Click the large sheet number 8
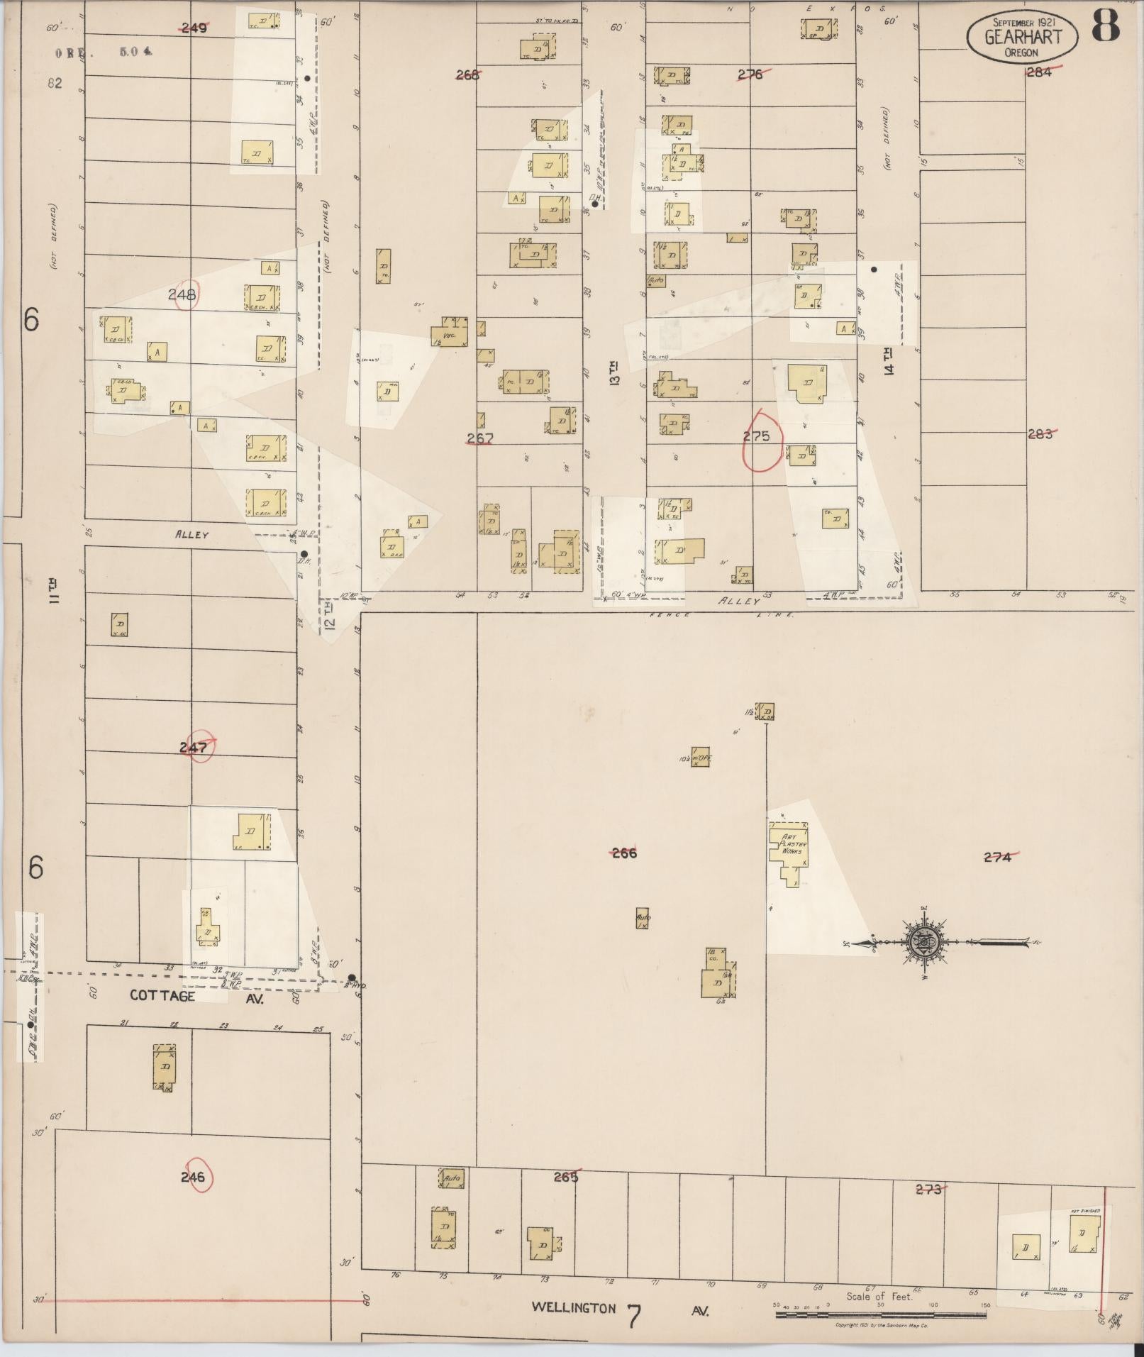pos(1105,27)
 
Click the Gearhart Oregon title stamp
pos(1021,37)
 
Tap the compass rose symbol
pos(926,943)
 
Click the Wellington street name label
pos(574,1307)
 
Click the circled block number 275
pos(757,437)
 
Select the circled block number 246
pos(193,1177)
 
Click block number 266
pos(624,853)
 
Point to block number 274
pos(997,857)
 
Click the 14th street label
pos(889,361)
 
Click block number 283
pos(1040,434)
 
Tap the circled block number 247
pos(194,747)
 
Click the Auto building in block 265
pos(451,1179)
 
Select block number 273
pos(928,1190)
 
